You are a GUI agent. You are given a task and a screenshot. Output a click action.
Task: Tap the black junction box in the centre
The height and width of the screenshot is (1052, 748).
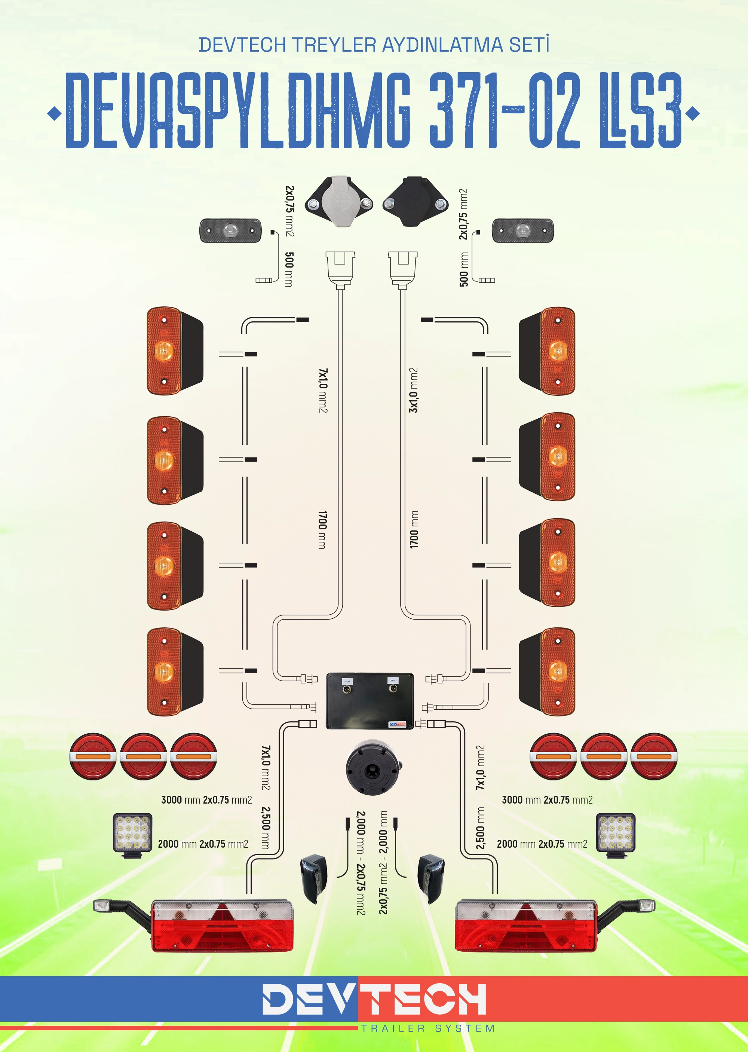370,701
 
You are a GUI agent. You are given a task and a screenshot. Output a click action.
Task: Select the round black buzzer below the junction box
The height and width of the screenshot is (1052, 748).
373,767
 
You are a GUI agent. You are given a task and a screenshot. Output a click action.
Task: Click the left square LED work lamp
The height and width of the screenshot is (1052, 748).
133,834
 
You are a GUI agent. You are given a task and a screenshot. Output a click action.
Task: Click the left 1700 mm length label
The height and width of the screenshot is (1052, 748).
322,529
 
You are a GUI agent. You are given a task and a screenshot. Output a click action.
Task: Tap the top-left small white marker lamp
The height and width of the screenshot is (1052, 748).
230,230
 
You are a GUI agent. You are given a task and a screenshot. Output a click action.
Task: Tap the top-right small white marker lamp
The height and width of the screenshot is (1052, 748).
523,230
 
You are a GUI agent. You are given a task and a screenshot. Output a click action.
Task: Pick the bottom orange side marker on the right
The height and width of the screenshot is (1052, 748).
547,672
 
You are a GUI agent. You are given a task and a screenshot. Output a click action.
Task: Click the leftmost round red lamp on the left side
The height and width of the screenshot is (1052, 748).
93,756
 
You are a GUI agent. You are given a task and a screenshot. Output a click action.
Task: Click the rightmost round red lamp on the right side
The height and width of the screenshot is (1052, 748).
654,756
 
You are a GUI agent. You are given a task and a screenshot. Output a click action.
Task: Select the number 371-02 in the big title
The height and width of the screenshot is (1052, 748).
505,110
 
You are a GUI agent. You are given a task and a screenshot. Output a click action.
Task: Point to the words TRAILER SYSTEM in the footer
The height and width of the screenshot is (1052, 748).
428,1028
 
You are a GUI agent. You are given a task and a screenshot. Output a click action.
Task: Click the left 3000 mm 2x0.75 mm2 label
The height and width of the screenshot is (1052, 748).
206,799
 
